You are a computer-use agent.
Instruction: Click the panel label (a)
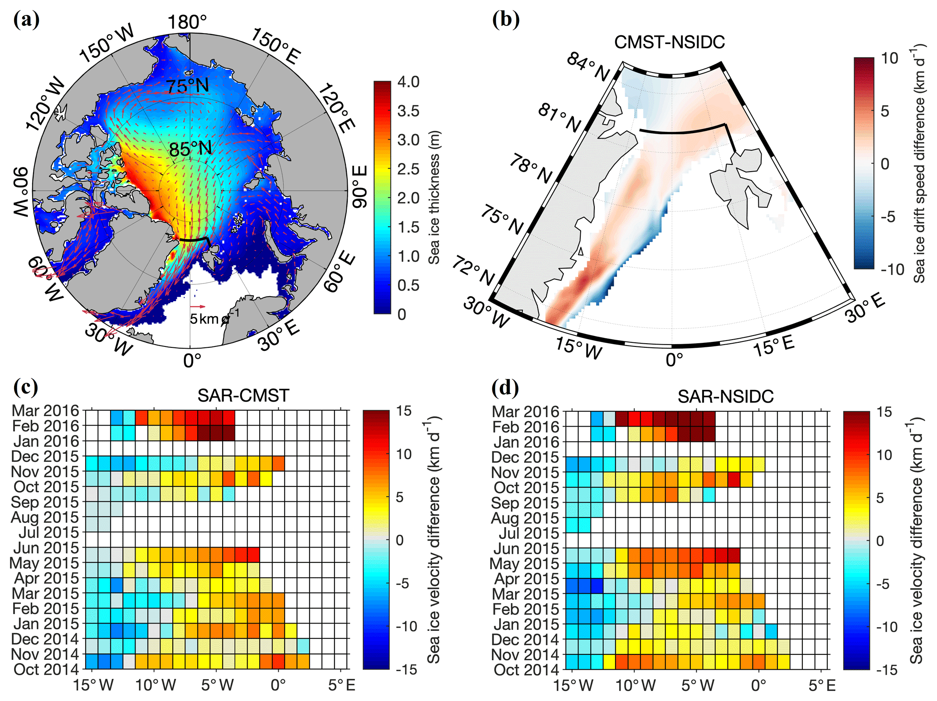pos(26,20)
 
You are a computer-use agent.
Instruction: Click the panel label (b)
pos(505,20)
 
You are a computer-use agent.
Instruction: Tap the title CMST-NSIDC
pos(669,42)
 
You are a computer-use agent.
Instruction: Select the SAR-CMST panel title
pos(243,396)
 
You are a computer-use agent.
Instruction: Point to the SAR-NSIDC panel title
pos(725,397)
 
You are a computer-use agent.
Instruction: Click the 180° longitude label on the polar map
pos(187,22)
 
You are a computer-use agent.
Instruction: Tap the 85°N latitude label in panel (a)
pos(190,149)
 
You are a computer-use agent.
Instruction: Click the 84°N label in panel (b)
pos(588,67)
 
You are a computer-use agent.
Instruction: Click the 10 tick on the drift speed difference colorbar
pos(889,58)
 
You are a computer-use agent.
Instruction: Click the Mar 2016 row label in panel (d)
pos(525,412)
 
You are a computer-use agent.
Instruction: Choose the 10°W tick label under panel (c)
pos(155,685)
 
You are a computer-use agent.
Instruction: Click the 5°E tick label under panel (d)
pos(822,686)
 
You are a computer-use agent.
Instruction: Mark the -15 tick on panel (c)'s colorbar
pos(406,670)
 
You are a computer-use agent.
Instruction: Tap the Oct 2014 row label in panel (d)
pos(526,670)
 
